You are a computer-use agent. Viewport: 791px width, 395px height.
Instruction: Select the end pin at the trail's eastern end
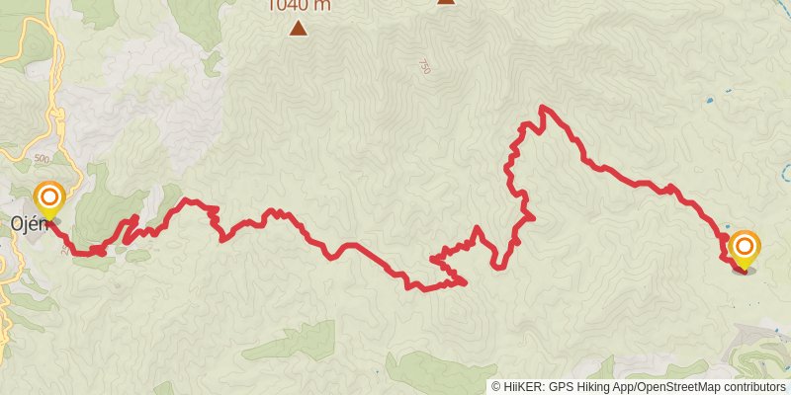tap(744, 246)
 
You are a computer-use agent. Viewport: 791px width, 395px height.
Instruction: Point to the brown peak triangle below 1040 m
tap(298, 29)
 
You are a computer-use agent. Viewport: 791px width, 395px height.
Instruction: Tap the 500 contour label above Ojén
tap(41, 158)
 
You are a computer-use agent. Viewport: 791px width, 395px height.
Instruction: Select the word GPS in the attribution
tap(560, 387)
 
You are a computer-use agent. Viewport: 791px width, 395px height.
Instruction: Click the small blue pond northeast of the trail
tap(710, 101)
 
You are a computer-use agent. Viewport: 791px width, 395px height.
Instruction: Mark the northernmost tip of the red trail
tap(543, 107)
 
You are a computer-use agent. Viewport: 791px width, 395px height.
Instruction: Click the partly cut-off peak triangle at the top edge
tap(446, 2)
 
